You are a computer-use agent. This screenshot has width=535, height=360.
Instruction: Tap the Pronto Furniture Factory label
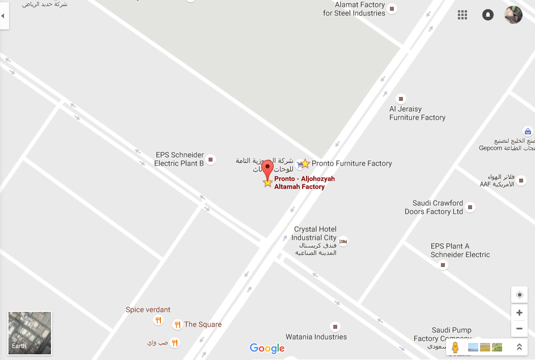coord(351,163)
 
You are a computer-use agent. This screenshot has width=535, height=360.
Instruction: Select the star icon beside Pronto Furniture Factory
coord(305,163)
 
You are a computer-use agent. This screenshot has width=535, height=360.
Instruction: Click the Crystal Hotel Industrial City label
coord(315,234)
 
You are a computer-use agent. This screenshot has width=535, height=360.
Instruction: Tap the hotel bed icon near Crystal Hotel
coord(343,242)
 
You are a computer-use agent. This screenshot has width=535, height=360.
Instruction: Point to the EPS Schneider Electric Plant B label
coord(179,159)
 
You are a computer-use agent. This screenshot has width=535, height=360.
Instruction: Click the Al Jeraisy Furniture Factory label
coord(417,113)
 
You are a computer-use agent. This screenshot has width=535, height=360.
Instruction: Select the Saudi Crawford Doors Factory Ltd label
coord(434,207)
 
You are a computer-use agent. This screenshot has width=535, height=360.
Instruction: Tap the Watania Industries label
coord(316,337)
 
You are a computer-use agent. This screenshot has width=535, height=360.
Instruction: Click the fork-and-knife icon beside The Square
coord(177,324)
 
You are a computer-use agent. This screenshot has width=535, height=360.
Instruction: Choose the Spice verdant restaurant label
coord(148,310)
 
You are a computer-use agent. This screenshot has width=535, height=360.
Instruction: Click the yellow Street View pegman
coord(455,347)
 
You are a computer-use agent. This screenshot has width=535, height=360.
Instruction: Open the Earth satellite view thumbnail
coord(29,333)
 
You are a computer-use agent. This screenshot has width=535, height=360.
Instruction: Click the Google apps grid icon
coord(462,15)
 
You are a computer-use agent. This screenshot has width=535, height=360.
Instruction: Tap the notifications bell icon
coord(487,15)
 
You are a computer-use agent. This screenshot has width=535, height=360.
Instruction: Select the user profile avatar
coord(513,15)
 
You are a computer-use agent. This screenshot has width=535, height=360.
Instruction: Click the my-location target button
coord(519,295)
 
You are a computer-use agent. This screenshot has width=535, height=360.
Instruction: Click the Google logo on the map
coord(267,348)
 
